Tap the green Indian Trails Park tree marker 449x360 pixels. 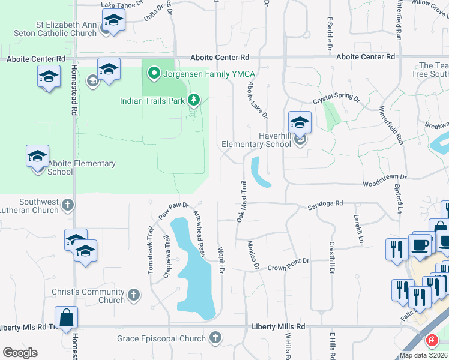tap(194, 100)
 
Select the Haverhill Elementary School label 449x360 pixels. tap(256, 140)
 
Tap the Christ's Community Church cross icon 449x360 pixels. tap(134, 295)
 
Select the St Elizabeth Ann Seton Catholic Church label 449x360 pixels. tap(66, 29)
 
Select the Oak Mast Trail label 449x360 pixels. tap(241, 202)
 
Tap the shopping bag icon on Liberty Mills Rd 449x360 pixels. tap(67, 318)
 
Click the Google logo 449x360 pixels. tap(20, 353)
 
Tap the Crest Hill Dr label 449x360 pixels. tap(331, 258)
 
